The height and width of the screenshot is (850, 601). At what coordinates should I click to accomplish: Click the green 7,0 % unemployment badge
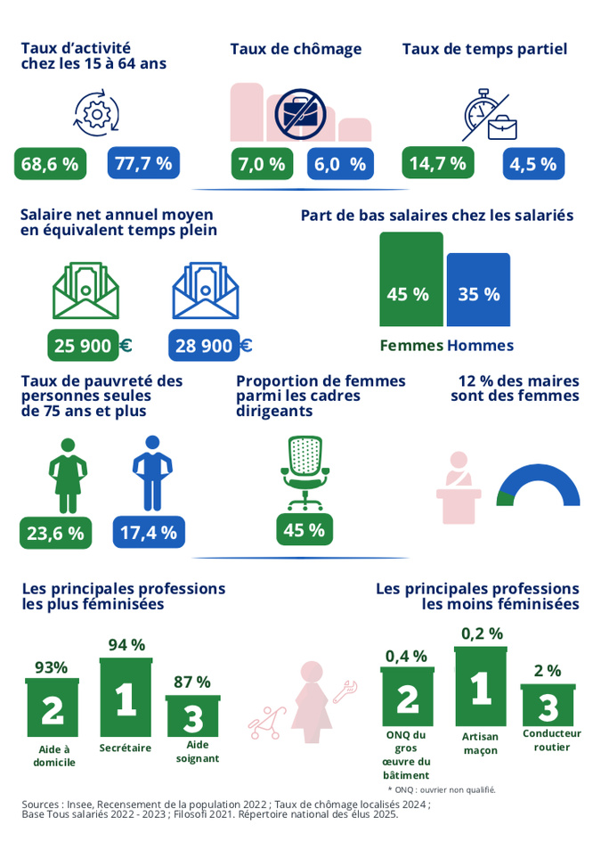point(263,164)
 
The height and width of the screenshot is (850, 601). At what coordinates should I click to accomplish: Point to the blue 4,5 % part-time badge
point(533,164)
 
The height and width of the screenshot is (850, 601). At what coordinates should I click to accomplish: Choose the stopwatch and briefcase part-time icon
point(489,115)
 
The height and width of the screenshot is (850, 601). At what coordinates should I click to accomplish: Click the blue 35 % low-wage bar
point(478,290)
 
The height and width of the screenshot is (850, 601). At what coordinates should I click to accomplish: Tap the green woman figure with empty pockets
point(68,471)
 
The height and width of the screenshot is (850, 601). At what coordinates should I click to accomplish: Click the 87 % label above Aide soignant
point(191,682)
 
